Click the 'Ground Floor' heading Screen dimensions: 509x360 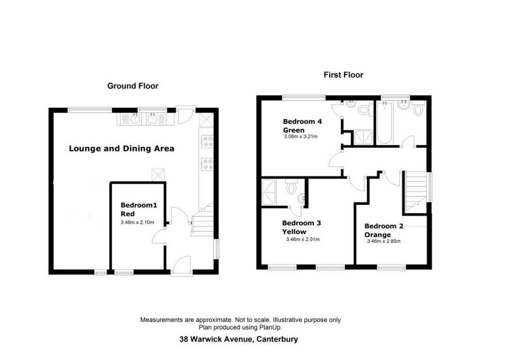[133, 86]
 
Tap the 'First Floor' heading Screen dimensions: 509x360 [343, 75]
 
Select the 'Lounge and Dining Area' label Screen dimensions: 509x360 [121, 149]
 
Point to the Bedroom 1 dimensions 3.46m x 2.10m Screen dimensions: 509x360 [137, 222]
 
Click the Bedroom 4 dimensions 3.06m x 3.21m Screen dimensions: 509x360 [301, 137]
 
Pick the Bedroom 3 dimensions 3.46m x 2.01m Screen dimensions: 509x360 [303, 240]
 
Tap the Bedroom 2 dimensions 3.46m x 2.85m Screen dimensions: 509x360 [384, 241]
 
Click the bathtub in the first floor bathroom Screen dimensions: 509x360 [385, 122]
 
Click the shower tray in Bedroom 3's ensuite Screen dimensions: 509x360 [268, 192]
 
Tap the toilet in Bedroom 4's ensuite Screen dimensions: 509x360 [365, 109]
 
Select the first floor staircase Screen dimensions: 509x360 [415, 192]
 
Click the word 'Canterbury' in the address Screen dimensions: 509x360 [277, 340]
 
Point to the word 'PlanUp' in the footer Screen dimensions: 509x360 [270, 328]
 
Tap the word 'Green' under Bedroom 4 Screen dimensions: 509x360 [294, 130]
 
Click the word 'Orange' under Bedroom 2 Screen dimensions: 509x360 [378, 235]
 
